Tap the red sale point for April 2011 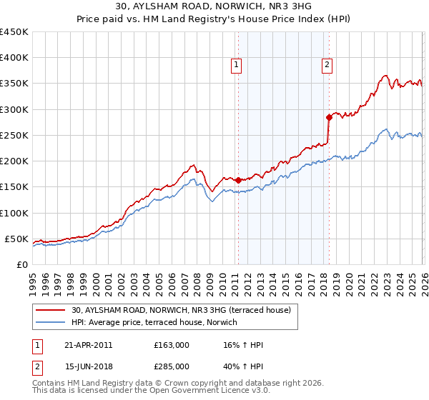(x=238, y=181)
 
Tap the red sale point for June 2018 (x=329, y=117)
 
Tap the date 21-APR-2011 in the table (x=88, y=345)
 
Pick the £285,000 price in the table (x=172, y=366)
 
